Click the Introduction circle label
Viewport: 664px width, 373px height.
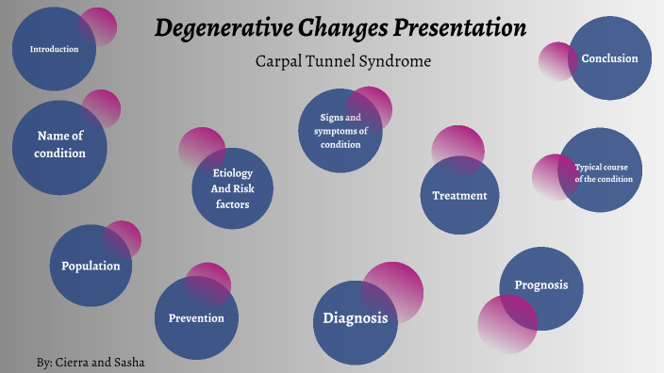tap(54, 49)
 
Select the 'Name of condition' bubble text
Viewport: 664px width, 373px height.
tap(60, 144)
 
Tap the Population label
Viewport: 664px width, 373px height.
tap(91, 266)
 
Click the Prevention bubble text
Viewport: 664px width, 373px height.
tap(196, 317)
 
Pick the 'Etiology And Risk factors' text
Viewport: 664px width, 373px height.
tap(232, 188)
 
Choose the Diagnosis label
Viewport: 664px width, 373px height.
tap(355, 318)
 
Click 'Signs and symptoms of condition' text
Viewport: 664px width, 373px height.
tap(340, 131)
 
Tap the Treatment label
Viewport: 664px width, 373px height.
tap(459, 196)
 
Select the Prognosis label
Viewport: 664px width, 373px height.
tap(540, 285)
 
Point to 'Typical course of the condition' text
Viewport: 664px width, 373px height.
tap(601, 172)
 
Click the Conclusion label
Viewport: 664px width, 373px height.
tap(609, 58)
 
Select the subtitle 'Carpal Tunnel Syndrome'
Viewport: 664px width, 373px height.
tap(342, 61)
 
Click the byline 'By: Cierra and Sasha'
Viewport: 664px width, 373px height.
tap(91, 362)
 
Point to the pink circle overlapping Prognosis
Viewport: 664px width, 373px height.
tap(505, 326)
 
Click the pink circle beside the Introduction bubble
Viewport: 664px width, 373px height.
tap(98, 25)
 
